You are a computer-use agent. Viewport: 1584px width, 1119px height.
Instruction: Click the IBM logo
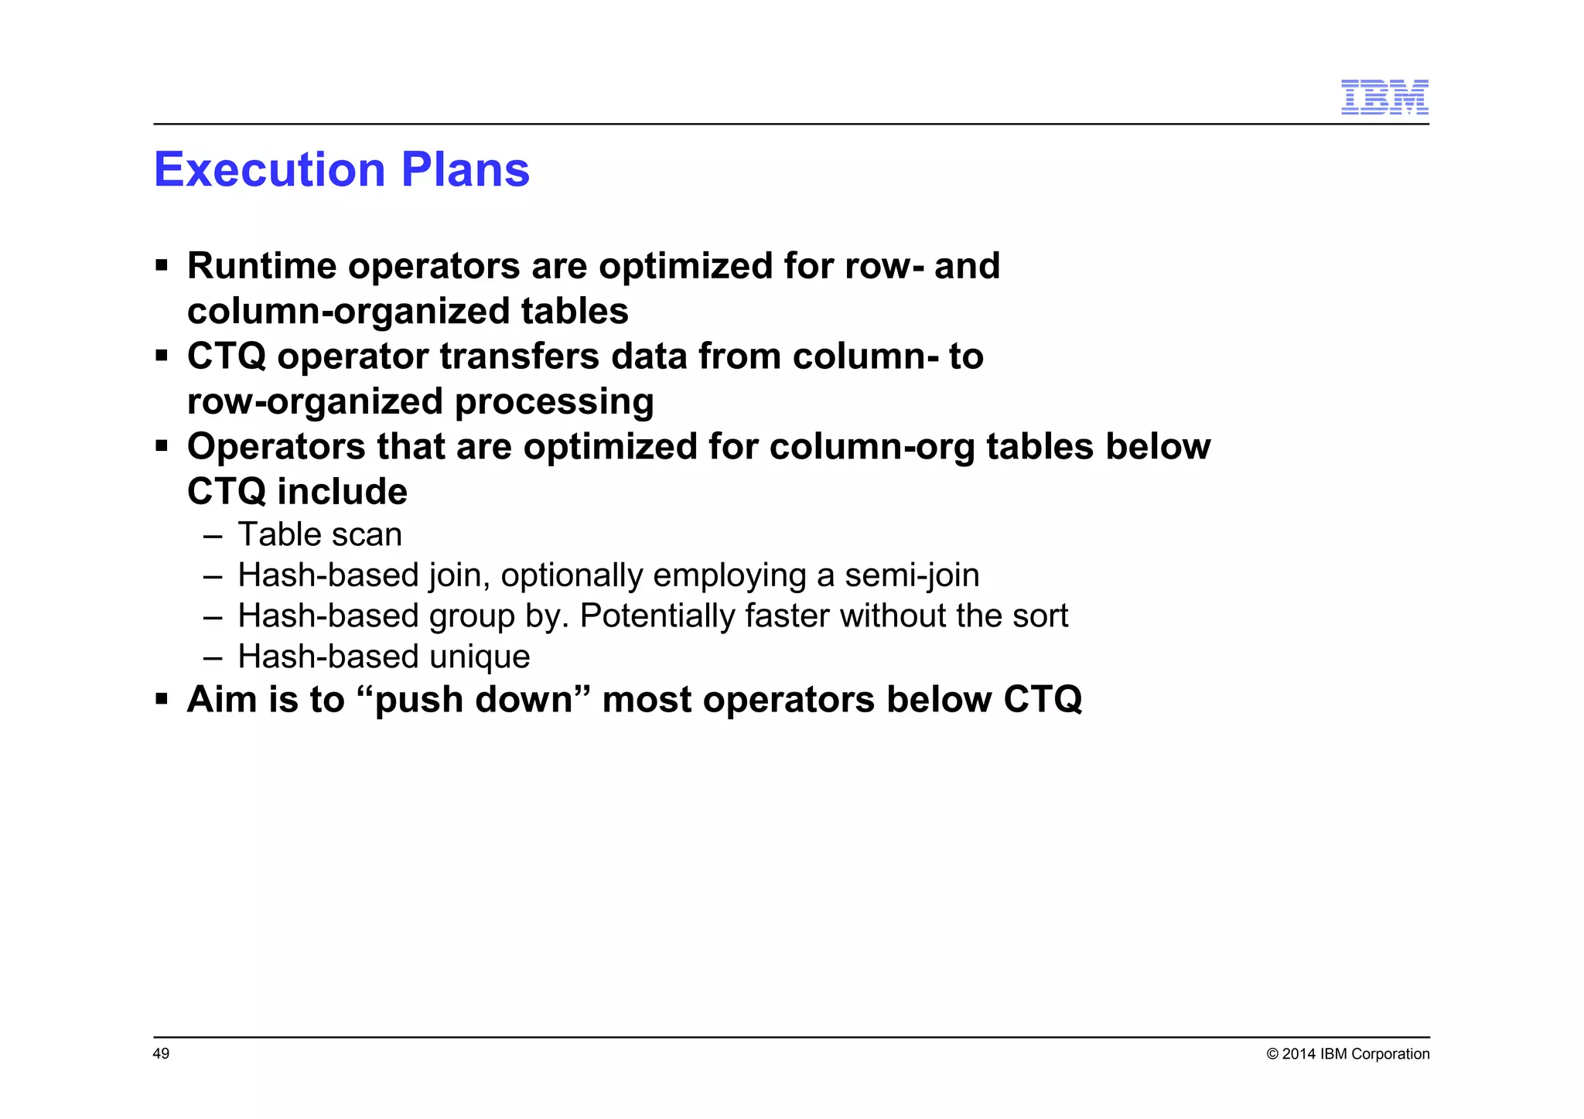point(1384,97)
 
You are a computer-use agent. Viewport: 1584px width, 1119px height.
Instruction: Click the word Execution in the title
point(269,169)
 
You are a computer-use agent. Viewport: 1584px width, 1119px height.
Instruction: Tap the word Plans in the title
point(465,169)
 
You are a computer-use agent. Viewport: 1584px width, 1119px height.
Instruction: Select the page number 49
point(161,1053)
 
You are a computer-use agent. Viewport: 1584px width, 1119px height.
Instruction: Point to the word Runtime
point(261,266)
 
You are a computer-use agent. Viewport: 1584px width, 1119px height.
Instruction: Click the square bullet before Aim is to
point(162,699)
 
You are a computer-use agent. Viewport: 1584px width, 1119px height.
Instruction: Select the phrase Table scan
point(319,534)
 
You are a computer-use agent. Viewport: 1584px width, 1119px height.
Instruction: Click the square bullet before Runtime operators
point(162,266)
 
